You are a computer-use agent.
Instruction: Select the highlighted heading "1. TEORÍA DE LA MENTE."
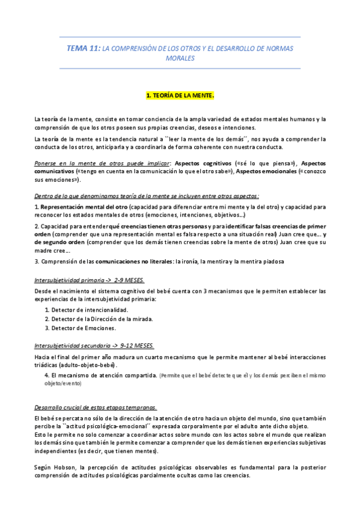tap(180, 96)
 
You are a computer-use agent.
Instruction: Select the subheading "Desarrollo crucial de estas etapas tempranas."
tap(96, 407)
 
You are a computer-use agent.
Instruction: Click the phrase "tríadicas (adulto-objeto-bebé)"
tap(76, 365)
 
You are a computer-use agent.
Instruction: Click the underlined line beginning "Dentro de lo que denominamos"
tap(147, 196)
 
